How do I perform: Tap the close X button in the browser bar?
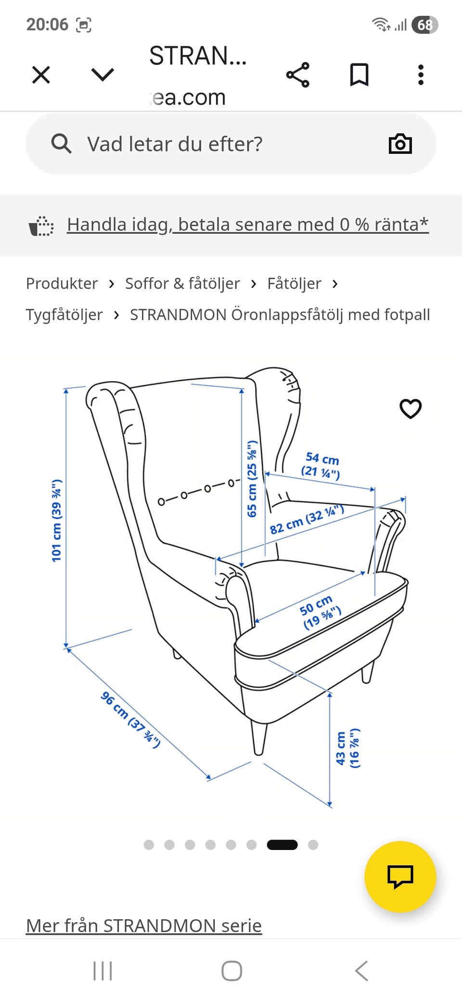tap(41, 75)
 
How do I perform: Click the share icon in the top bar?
tap(298, 75)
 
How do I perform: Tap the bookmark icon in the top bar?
tap(359, 75)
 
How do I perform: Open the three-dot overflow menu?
tap(421, 75)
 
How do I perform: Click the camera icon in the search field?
tap(400, 144)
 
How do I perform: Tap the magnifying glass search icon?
tap(61, 144)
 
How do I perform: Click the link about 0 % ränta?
tap(247, 225)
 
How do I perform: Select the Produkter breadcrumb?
tap(62, 284)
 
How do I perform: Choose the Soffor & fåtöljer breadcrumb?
tap(182, 284)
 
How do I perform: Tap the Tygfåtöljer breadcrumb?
tap(64, 315)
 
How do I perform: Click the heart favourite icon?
tap(411, 409)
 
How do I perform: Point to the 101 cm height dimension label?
tap(57, 520)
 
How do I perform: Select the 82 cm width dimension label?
tap(307, 520)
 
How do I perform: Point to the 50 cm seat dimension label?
tap(320, 612)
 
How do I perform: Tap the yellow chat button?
tap(400, 876)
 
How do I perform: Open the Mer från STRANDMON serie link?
tap(144, 925)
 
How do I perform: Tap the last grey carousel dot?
tap(313, 845)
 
